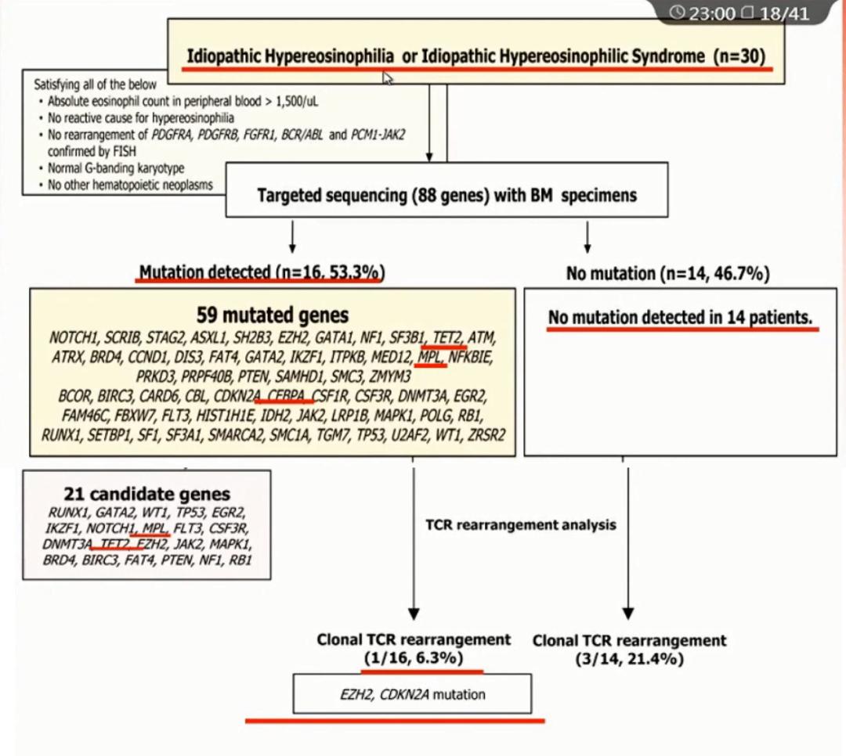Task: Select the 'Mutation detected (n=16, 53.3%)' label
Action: (x=261, y=272)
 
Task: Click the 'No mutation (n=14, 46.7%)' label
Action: (x=667, y=273)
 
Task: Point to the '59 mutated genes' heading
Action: (x=273, y=315)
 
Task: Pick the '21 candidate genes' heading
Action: (x=146, y=494)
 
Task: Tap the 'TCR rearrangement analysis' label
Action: (x=520, y=524)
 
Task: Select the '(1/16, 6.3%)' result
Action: (x=414, y=658)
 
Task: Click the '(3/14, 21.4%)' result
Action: (x=629, y=659)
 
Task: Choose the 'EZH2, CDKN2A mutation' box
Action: (x=412, y=694)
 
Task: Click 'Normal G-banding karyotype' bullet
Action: (x=116, y=168)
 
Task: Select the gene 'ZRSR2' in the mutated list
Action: (x=486, y=434)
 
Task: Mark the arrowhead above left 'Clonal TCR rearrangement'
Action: (x=414, y=614)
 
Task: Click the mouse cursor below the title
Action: (x=387, y=77)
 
